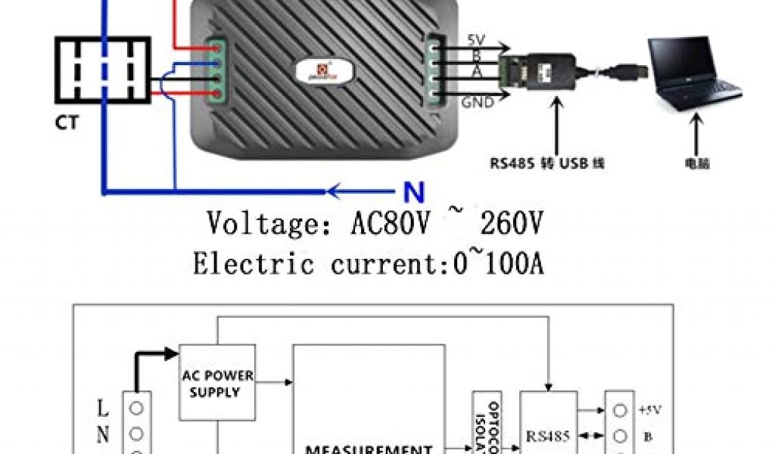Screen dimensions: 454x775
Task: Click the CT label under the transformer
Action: pyautogui.click(x=67, y=123)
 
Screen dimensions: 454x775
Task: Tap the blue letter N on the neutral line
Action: pyautogui.click(x=414, y=193)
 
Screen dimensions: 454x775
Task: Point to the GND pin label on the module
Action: pyautogui.click(x=478, y=101)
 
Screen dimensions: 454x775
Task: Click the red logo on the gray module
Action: pyautogui.click(x=331, y=69)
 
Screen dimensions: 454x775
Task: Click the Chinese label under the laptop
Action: pyautogui.click(x=693, y=163)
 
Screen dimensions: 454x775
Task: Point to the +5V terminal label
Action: pyautogui.click(x=649, y=410)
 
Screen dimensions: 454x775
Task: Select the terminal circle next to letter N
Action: pyautogui.click(x=137, y=434)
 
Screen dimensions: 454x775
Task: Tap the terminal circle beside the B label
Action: pyautogui.click(x=621, y=436)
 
